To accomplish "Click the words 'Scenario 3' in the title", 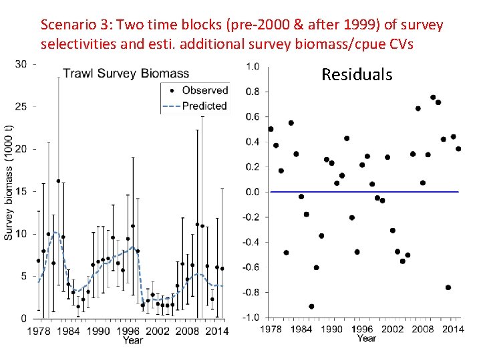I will (x=69, y=25).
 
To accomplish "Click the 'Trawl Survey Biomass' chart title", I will (x=126, y=74).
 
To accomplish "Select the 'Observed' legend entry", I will (x=204, y=90).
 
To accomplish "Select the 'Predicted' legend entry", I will (x=204, y=106).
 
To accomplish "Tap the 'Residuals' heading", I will (x=357, y=74).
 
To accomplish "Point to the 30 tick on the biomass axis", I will (x=21, y=64).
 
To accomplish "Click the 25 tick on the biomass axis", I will (x=21, y=106).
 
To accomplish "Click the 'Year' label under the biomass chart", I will (x=132, y=340).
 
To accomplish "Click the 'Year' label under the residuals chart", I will (x=366, y=338).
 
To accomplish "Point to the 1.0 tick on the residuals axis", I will (x=253, y=67).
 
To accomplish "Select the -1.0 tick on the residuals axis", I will (x=252, y=318).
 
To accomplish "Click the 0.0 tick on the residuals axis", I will (x=253, y=192).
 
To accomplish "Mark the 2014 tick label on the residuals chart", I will (x=453, y=329).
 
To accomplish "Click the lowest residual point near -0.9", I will (x=311, y=306).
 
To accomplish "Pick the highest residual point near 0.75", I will (x=433, y=98).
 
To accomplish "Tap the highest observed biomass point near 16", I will (x=59, y=181).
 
